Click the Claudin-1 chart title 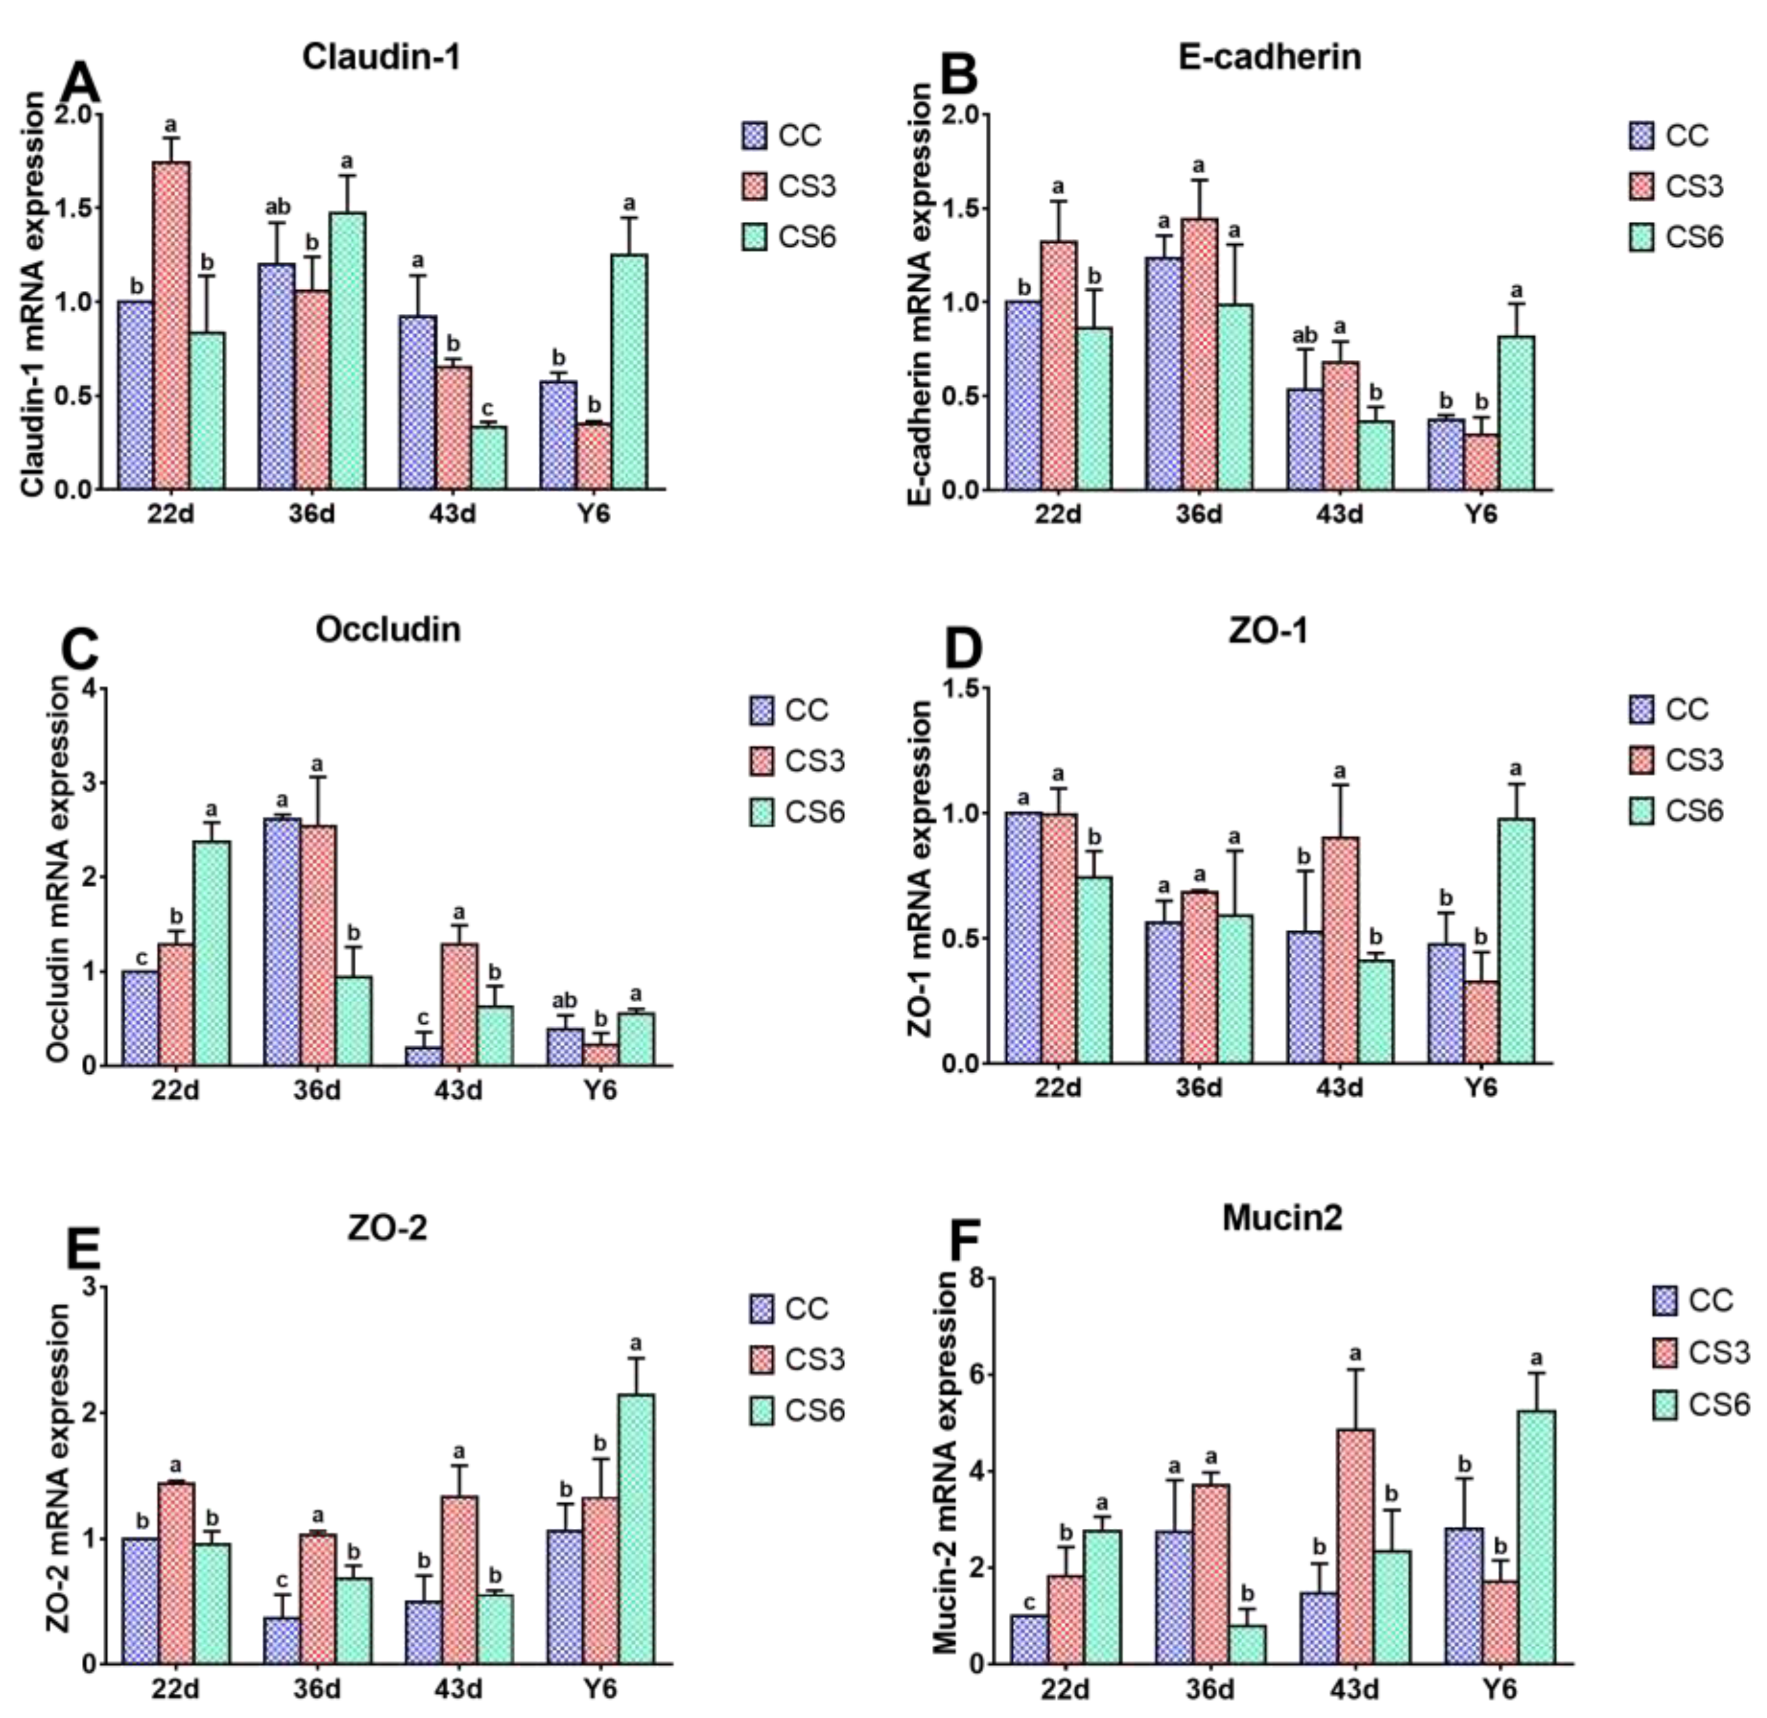click(381, 57)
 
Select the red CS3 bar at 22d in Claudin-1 click(171, 325)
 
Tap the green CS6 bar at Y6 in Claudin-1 click(629, 372)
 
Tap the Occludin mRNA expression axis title click(57, 869)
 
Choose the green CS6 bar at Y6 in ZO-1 click(1516, 941)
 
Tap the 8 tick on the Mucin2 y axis click(975, 1278)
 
